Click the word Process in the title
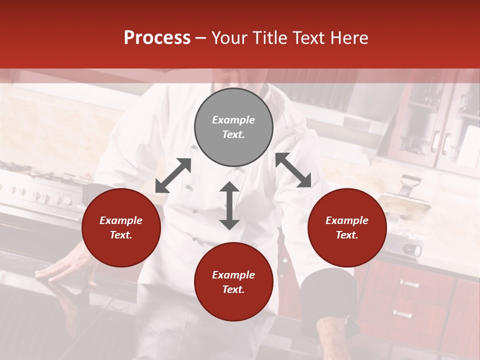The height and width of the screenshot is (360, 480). (157, 38)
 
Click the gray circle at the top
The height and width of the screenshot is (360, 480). (233, 127)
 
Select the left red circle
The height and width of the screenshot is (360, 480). (121, 227)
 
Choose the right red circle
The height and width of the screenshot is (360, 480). (347, 227)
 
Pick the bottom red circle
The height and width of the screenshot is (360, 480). (233, 282)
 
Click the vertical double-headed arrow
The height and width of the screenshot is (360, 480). (229, 205)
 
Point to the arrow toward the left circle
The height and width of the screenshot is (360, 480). (173, 175)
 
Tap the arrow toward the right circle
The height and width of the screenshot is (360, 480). (293, 170)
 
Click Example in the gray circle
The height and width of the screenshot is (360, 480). (233, 120)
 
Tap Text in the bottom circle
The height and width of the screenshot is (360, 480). (233, 289)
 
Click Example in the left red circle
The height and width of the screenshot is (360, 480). (121, 220)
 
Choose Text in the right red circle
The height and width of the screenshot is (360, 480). (347, 235)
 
